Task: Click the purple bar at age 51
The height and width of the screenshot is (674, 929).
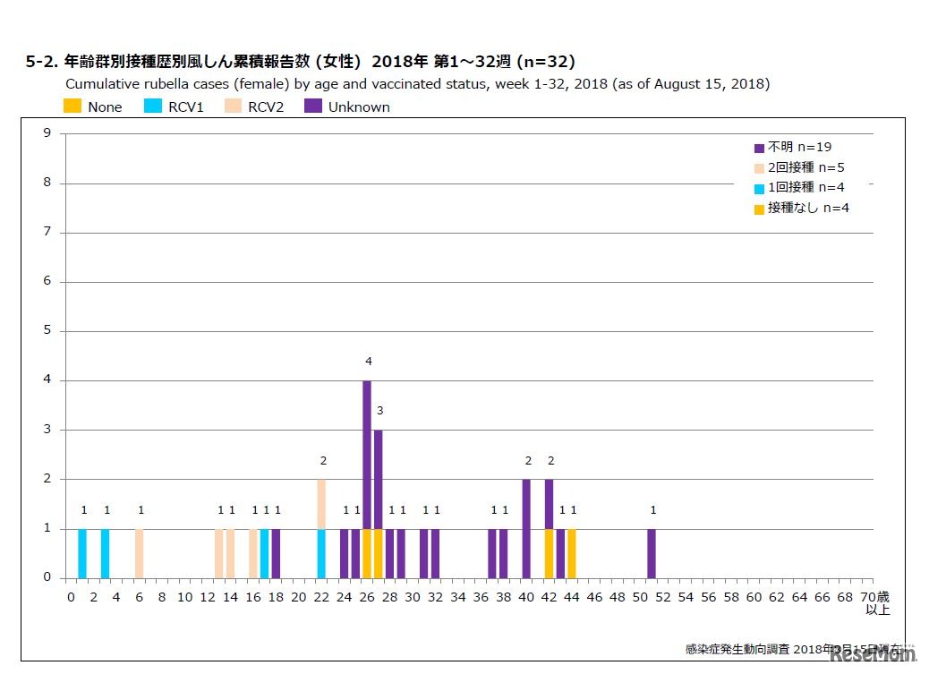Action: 652,553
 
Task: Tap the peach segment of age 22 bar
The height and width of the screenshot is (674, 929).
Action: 321,504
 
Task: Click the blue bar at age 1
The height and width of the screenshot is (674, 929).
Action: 82,553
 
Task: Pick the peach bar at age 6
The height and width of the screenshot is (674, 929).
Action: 140,553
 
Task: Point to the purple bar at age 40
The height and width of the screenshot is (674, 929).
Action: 526,528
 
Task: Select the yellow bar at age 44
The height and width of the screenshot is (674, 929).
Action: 572,553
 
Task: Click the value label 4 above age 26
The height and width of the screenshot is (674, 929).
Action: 368,362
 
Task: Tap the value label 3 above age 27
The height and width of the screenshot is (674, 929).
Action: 379,411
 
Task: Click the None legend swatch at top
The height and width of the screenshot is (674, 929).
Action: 72,107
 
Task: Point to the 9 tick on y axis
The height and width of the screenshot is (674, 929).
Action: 48,133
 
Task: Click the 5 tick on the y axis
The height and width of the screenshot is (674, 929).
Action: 48,331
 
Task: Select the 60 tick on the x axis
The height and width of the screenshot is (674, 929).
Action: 754,596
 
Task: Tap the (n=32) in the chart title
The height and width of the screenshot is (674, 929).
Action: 546,62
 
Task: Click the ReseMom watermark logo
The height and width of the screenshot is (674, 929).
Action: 873,655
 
